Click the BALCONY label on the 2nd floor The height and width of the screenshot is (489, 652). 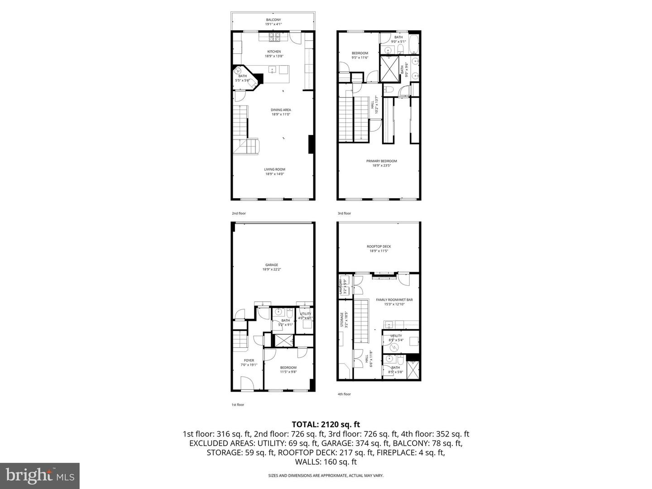(273, 20)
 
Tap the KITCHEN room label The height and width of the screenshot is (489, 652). (274, 52)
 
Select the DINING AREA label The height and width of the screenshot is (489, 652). (281, 110)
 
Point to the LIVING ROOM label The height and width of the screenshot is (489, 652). (275, 170)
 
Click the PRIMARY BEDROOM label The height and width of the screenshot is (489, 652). (381, 161)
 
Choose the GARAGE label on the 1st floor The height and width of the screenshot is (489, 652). (272, 265)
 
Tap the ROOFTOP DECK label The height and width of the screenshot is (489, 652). (379, 247)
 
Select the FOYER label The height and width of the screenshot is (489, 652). (249, 360)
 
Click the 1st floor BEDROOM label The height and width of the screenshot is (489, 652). (288, 368)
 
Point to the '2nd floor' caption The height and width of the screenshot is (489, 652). (239, 213)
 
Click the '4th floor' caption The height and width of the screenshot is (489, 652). (344, 394)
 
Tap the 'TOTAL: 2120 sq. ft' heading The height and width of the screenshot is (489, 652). (326, 424)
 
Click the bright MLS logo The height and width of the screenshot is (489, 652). (40, 475)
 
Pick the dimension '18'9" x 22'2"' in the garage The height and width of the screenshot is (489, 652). (272, 270)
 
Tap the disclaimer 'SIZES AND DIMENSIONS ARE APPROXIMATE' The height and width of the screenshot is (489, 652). (326, 475)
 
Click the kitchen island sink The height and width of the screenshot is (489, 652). (273, 69)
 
